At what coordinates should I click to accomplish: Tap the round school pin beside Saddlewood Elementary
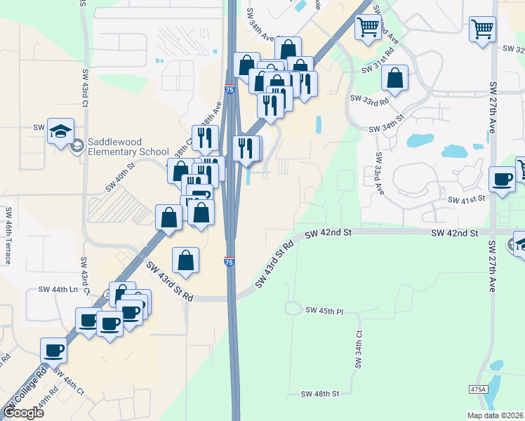(77, 145)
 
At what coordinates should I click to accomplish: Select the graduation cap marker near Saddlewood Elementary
(60, 131)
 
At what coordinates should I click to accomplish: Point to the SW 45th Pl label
(324, 310)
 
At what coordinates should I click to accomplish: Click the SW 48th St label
(319, 394)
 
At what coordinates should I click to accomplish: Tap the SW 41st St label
(467, 199)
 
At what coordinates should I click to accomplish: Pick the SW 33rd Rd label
(368, 100)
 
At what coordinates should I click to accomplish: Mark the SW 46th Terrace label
(8, 235)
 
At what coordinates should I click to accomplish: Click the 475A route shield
(478, 389)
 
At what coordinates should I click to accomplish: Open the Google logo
(22, 413)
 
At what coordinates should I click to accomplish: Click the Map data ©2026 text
(494, 415)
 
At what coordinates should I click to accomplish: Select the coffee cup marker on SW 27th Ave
(502, 180)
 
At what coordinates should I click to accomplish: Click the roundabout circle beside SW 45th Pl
(292, 308)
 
